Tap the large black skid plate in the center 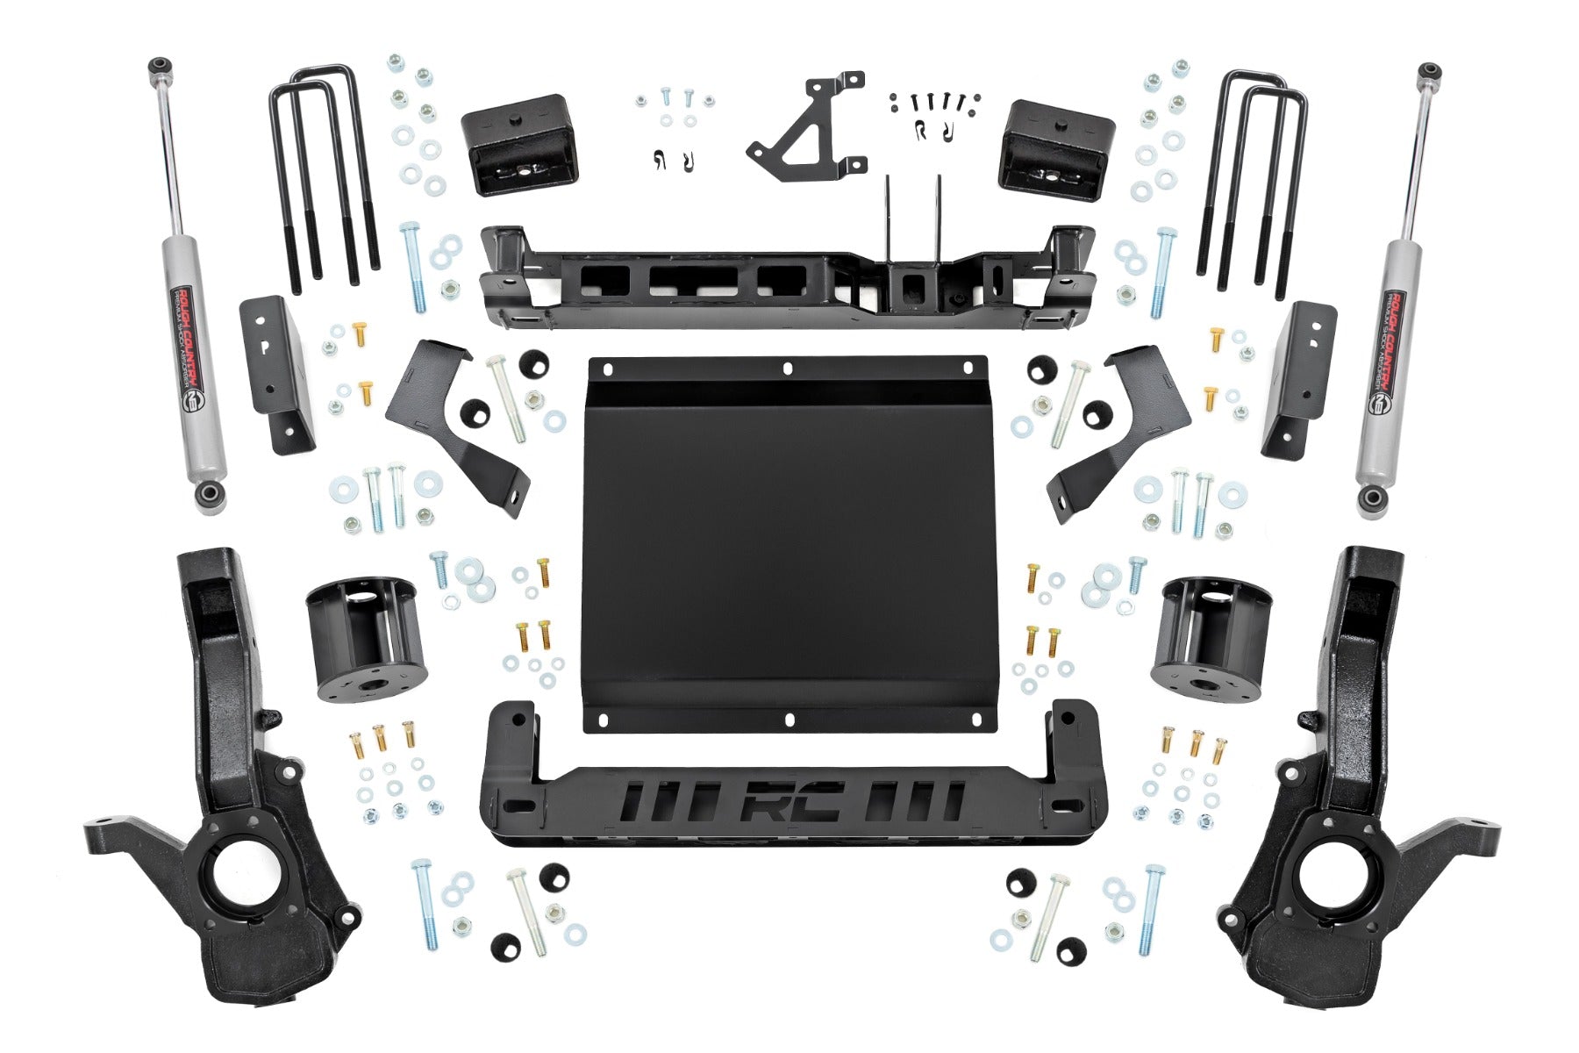(x=789, y=544)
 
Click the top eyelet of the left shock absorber (x=160, y=66)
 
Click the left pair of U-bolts (x=323, y=175)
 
